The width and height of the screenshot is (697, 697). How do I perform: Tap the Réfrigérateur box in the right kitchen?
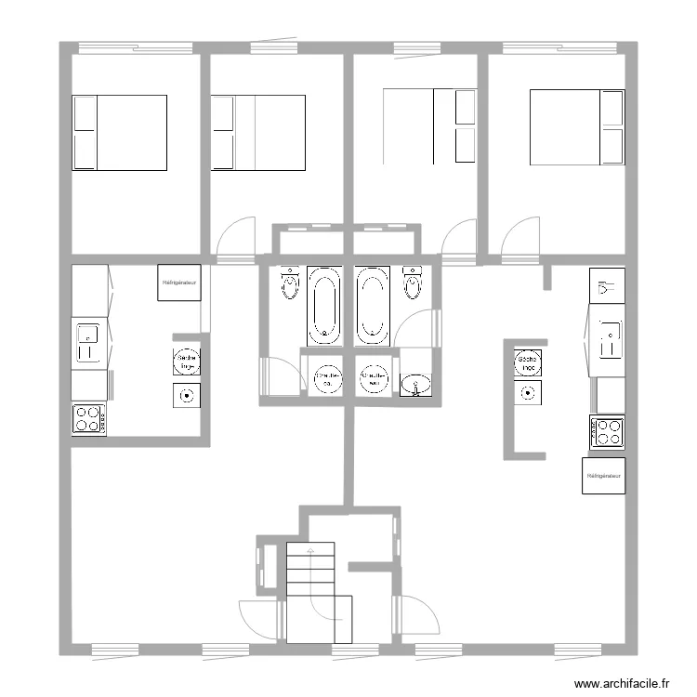pos(603,476)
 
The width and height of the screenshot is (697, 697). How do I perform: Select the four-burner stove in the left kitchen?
pos(88,419)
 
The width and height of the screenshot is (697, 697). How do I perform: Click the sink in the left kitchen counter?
pos(88,342)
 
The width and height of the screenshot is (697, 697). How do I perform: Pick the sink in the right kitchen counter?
pos(610,339)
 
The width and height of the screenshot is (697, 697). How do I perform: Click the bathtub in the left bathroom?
pos(324,305)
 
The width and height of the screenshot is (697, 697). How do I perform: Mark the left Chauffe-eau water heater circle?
pos(326,377)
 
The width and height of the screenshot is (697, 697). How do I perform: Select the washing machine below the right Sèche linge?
pos(529,393)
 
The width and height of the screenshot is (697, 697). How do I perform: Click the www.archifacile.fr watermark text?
pos(622,683)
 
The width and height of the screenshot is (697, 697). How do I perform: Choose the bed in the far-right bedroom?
pos(576,127)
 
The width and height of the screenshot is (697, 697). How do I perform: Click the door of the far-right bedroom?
pos(520,236)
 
